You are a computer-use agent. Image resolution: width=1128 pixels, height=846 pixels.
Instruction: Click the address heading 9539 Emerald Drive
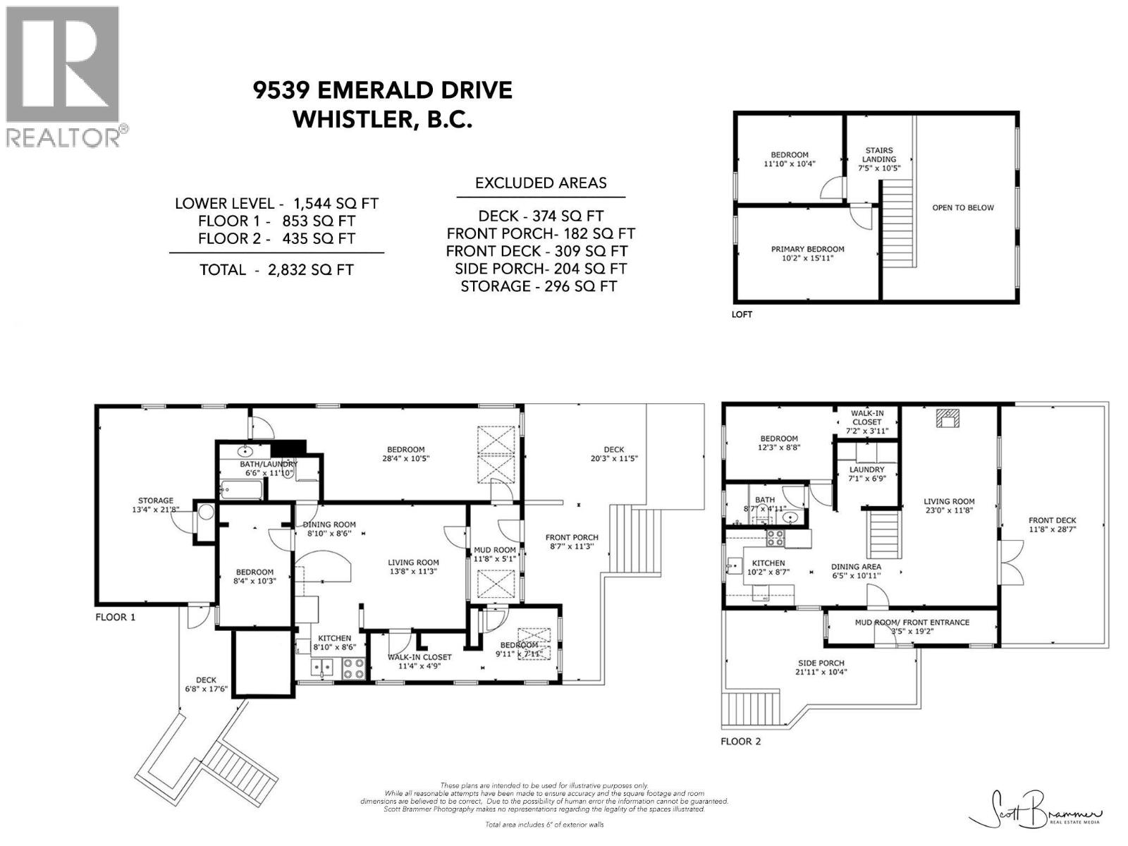pos(383,90)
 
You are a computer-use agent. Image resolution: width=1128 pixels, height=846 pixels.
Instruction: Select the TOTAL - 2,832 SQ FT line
pos(276,269)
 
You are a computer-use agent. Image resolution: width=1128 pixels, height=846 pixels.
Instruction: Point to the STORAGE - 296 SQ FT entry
pos(539,286)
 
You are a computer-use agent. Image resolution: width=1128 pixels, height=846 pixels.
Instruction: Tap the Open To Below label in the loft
pos(962,208)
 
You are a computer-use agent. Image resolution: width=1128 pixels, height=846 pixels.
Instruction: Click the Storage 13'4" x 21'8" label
pos(156,505)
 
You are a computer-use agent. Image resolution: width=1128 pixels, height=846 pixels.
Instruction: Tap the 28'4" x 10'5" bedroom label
pos(405,454)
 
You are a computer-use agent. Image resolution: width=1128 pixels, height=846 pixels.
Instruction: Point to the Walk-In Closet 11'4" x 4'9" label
pos(421,661)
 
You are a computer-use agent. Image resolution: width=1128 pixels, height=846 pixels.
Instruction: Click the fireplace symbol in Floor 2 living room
pos(946,418)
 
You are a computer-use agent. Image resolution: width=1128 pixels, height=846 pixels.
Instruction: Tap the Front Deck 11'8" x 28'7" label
pos(1052,525)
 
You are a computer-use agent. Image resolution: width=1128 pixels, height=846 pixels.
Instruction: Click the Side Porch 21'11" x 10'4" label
pos(821,667)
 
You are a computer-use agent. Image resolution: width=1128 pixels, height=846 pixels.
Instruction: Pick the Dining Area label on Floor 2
pos(855,571)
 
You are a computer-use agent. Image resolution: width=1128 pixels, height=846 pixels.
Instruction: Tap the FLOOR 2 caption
pos(740,741)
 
